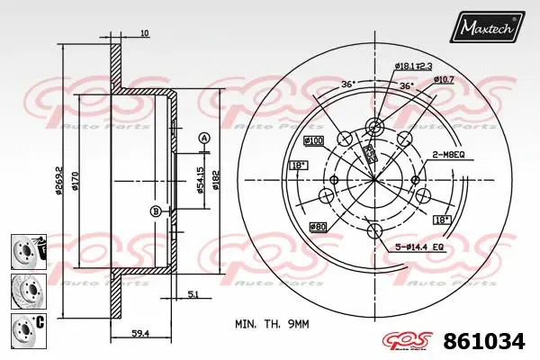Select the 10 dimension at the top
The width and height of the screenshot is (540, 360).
click(x=145, y=34)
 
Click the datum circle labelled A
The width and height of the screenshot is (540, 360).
click(x=204, y=138)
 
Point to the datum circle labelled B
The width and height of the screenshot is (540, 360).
click(x=155, y=211)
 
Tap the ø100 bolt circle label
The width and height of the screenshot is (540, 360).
click(x=314, y=141)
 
